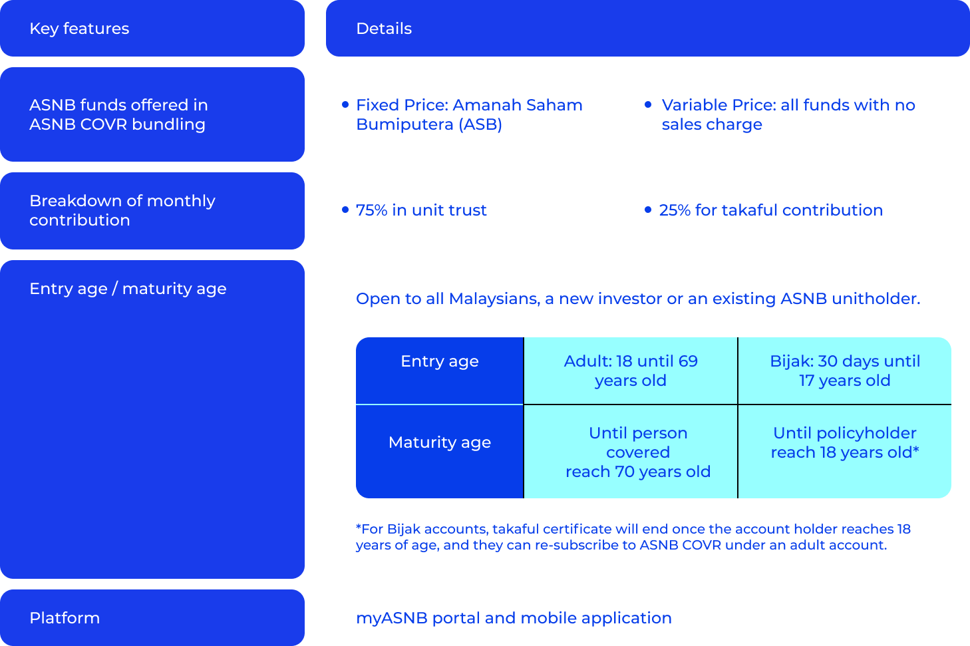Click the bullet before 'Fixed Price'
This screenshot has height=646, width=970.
[345, 104]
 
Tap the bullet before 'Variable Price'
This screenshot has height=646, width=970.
[648, 104]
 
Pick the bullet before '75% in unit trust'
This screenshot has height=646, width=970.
[345, 210]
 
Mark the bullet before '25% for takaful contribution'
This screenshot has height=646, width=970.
[648, 210]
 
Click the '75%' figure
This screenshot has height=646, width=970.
[371, 210]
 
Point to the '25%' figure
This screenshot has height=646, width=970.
[675, 210]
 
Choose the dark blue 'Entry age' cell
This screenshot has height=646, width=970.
[440, 371]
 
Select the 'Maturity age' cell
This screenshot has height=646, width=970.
[440, 451]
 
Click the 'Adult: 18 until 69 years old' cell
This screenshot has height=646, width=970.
[631, 371]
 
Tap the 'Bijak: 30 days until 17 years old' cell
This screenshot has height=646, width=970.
[844, 371]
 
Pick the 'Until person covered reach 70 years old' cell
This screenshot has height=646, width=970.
[631, 451]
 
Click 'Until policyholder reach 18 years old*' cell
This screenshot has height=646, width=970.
[844, 451]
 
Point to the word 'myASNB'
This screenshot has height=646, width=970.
[392, 618]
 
